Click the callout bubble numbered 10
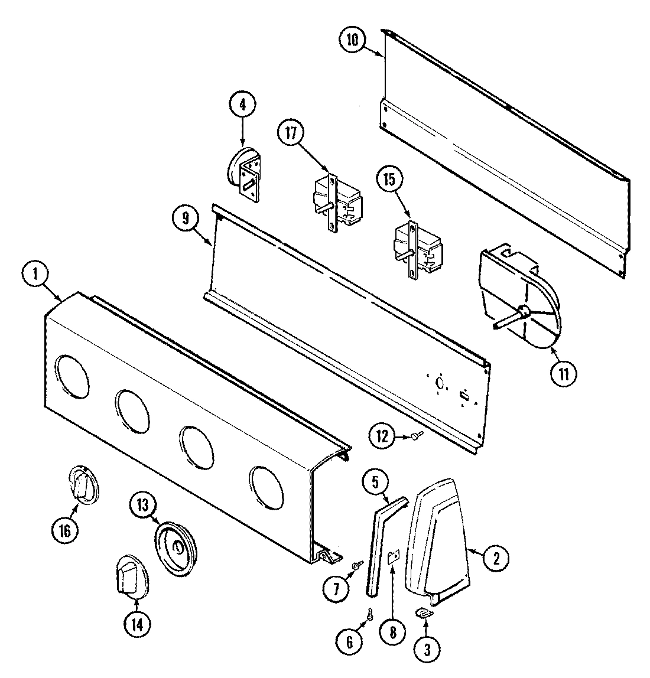click(x=352, y=40)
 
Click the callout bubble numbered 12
click(x=382, y=436)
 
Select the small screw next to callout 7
click(x=356, y=566)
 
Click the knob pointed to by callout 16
click(x=83, y=485)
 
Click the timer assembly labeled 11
click(x=517, y=301)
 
